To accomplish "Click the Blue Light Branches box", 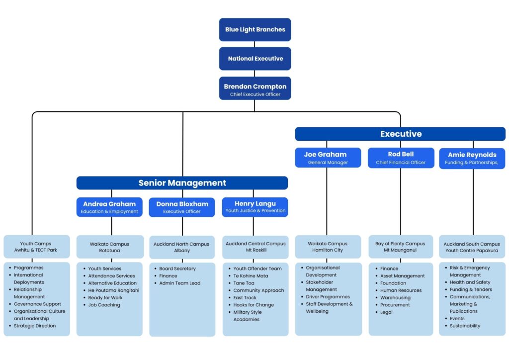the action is pyautogui.click(x=255, y=29).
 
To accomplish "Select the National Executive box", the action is pyautogui.click(x=255, y=59).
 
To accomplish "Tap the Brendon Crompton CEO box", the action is pyautogui.click(x=255, y=89).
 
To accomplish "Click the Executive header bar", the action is pyautogui.click(x=400, y=134).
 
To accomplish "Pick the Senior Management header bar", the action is pyautogui.click(x=182, y=183).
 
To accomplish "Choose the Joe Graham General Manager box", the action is pyautogui.click(x=328, y=158).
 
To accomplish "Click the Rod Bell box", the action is pyautogui.click(x=401, y=158).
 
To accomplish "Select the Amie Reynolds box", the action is pyautogui.click(x=472, y=159).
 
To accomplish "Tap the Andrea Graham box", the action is pyautogui.click(x=109, y=207).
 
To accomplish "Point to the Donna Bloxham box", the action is pyautogui.click(x=182, y=207).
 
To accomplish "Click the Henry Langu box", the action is pyautogui.click(x=255, y=207).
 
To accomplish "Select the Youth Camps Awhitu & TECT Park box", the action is pyautogui.click(x=37, y=247).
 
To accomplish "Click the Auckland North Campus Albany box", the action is pyautogui.click(x=182, y=247).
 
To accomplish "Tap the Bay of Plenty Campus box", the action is pyautogui.click(x=401, y=247).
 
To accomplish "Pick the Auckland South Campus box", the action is pyautogui.click(x=472, y=247).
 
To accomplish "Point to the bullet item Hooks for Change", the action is pyautogui.click(x=251, y=305).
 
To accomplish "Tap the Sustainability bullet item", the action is pyautogui.click(x=463, y=326).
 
